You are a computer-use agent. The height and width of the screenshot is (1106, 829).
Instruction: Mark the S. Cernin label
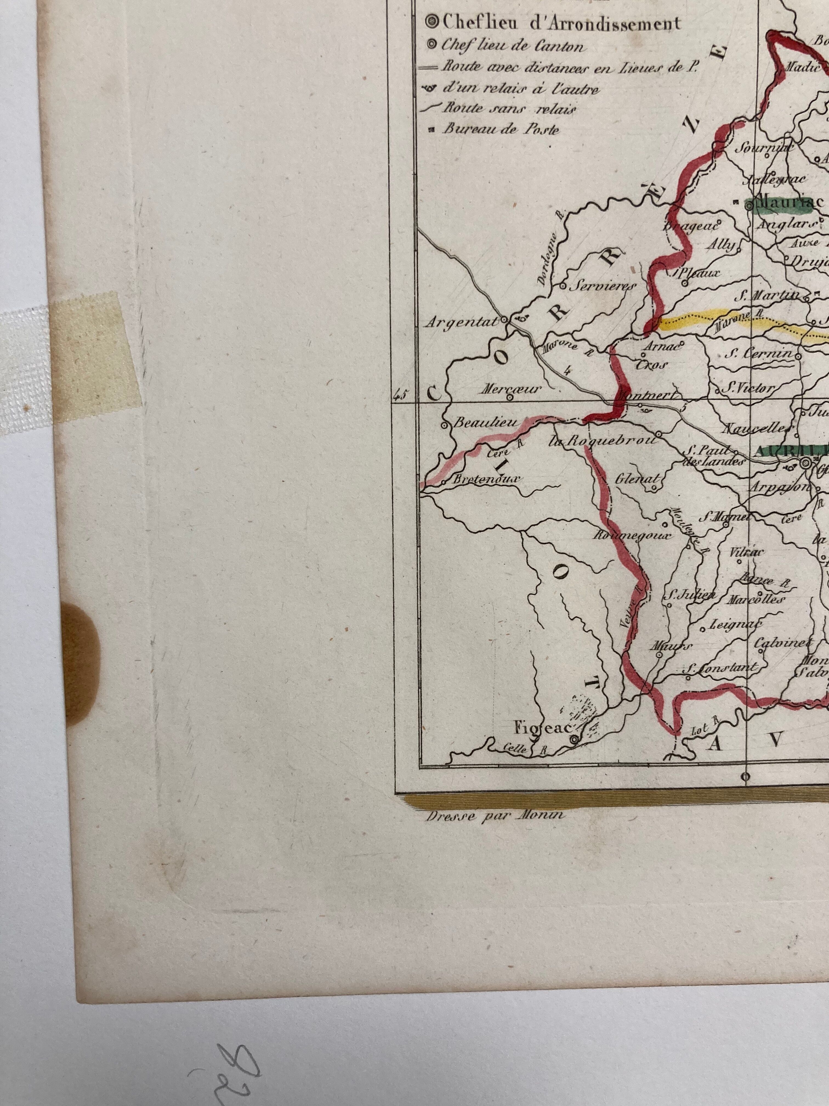click(x=759, y=354)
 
